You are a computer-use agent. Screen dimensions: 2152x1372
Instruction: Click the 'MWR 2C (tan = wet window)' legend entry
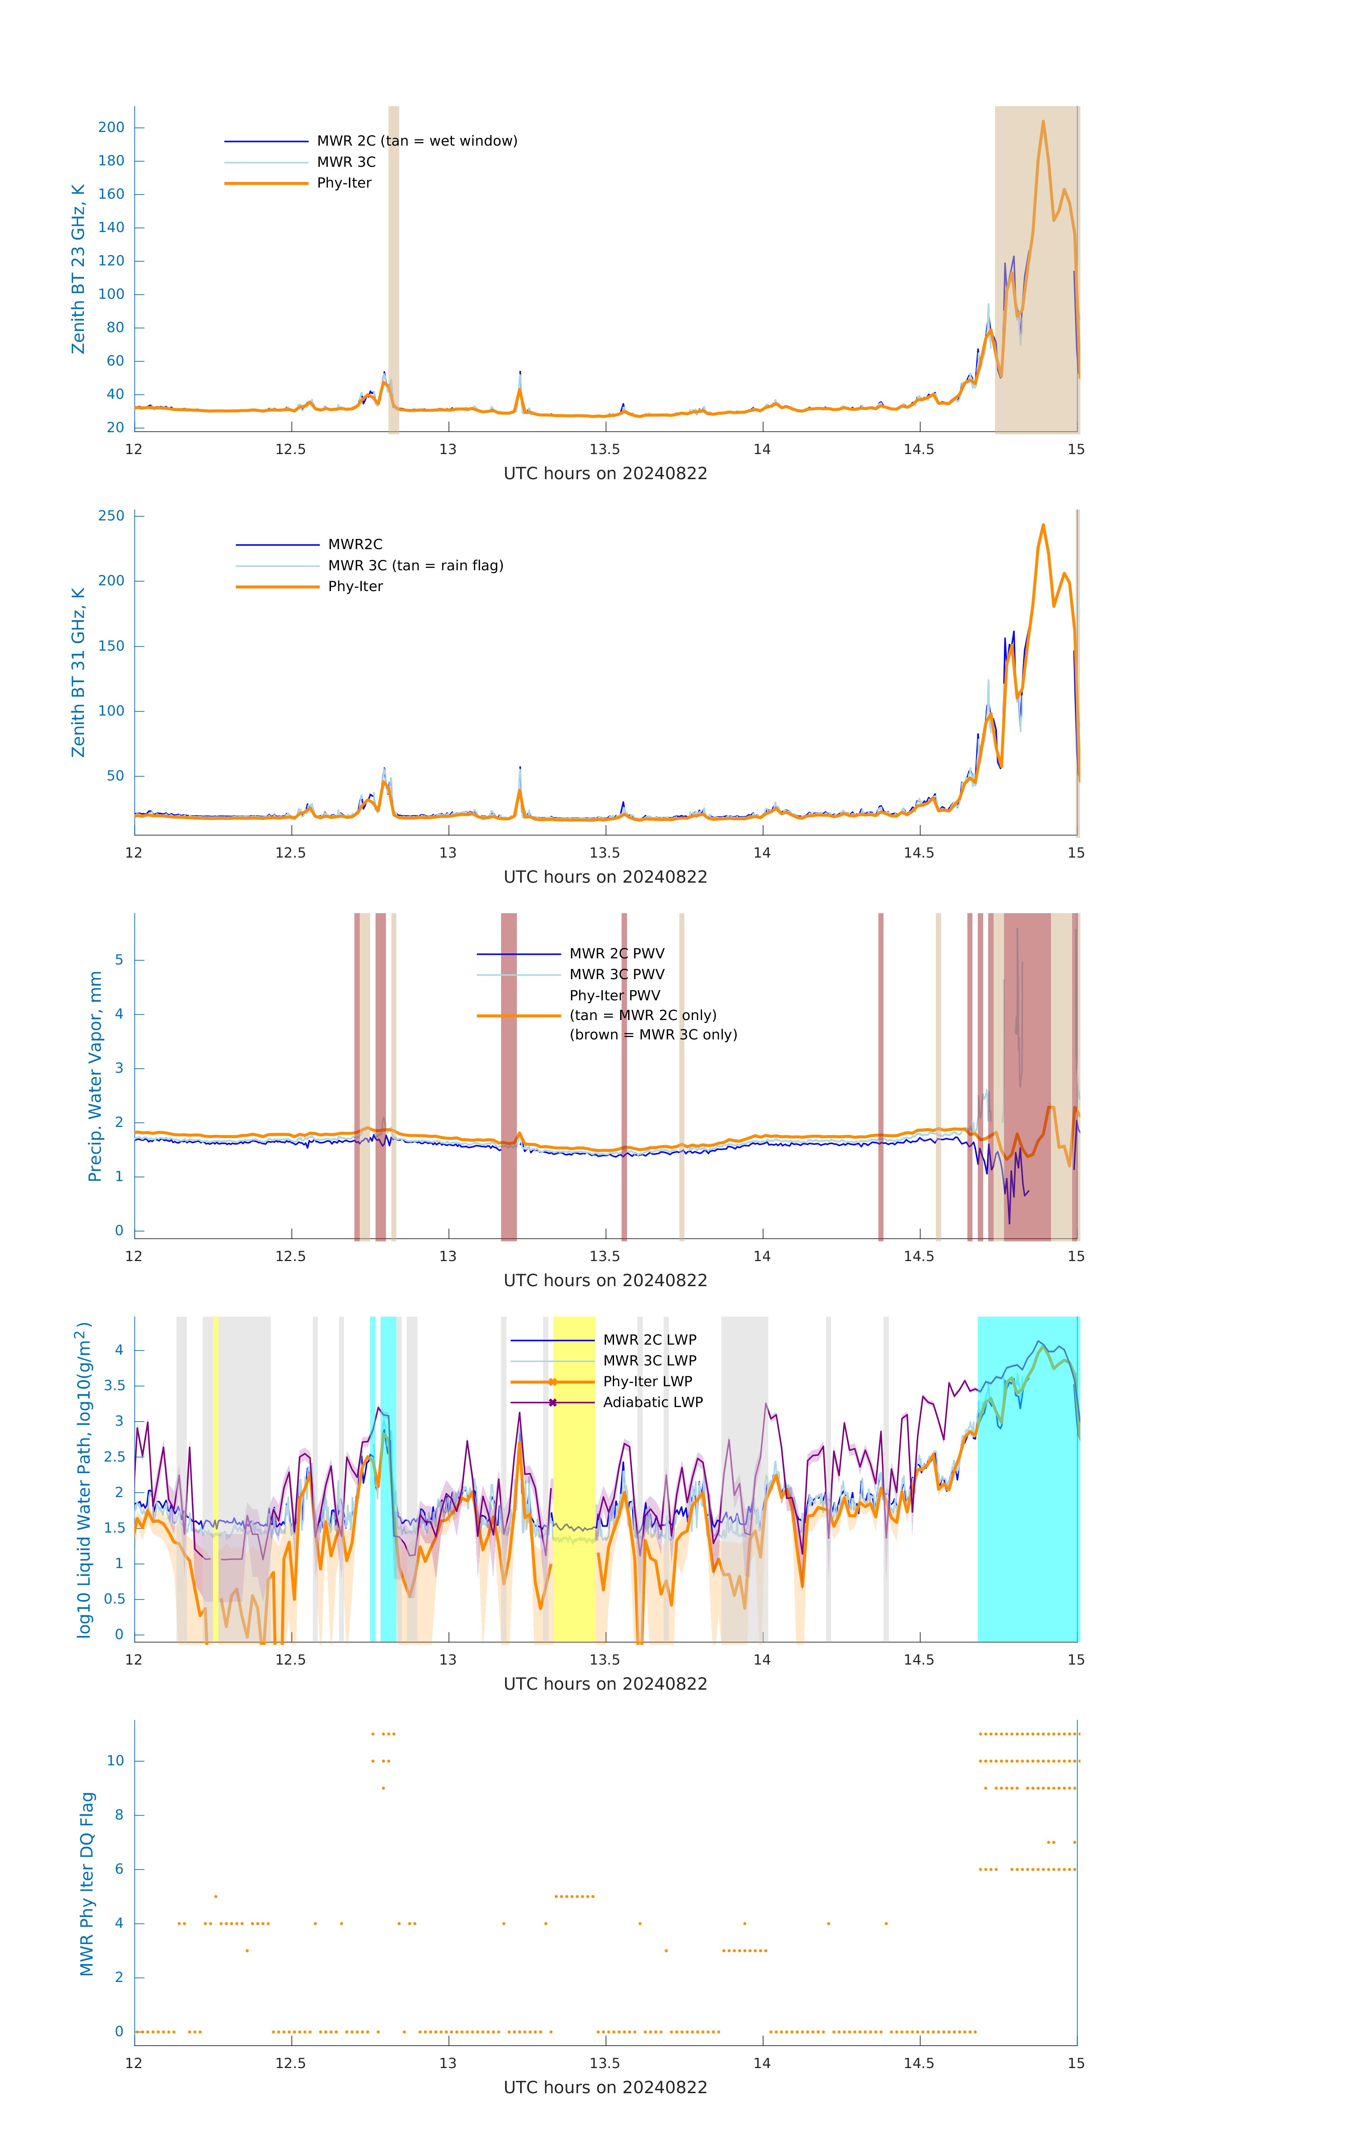416,141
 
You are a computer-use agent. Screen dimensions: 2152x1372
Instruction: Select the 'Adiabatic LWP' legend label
652,1402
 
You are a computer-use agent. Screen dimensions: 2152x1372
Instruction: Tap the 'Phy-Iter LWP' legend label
647,1382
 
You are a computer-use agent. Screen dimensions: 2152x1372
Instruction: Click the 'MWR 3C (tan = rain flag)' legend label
416,566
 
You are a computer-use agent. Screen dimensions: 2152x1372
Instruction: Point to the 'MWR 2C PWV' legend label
617,954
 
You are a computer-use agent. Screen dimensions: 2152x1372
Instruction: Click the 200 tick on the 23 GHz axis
112,128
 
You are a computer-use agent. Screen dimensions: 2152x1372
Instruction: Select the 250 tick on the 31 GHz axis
112,516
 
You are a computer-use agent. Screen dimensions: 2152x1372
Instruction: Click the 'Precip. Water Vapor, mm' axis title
95,1077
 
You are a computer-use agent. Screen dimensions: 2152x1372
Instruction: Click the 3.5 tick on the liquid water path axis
114,1386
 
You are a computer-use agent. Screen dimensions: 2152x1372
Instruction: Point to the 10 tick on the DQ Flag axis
115,1761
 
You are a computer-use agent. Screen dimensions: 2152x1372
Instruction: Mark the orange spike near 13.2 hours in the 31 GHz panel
519,790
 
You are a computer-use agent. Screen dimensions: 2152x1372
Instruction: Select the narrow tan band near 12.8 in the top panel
393,268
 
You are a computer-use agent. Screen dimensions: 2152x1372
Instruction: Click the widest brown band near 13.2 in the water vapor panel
509,1077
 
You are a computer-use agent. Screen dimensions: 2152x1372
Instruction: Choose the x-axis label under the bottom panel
605,2088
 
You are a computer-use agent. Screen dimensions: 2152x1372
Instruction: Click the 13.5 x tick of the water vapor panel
604,1256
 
